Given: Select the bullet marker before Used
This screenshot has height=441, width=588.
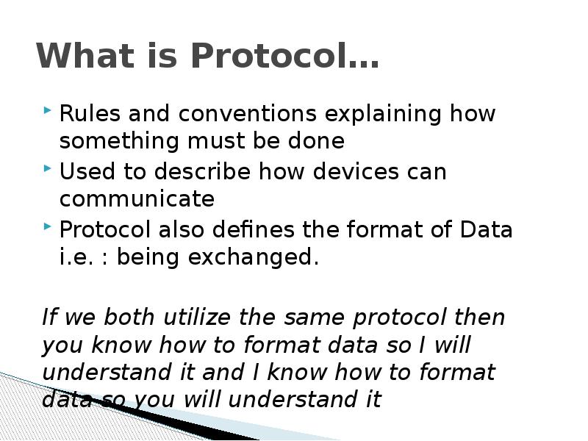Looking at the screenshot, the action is (47, 168).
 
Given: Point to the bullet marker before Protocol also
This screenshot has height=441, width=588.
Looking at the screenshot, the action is (47, 226).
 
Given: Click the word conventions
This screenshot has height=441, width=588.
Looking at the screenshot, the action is (248, 113).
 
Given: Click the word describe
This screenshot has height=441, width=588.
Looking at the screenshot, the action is (202, 171).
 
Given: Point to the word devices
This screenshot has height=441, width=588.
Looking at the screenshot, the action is (356, 171).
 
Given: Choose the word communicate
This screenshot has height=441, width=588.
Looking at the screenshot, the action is (137, 198).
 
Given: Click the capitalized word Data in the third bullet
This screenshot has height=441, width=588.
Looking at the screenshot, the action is (486, 229).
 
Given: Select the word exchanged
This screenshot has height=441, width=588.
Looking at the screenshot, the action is (253, 259).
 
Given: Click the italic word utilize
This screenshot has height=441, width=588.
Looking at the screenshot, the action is (197, 317).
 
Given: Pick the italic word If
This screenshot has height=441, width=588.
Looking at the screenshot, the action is (49, 317).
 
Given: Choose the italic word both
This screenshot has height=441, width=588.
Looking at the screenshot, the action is (129, 317).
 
